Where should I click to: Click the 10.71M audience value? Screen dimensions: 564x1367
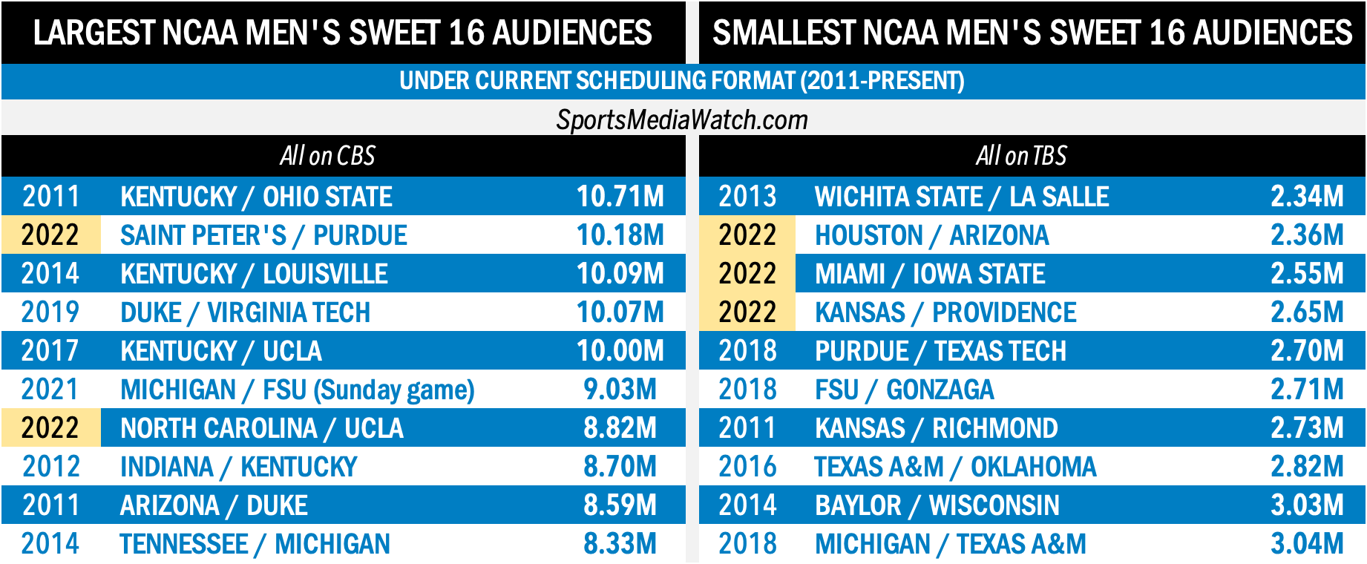pos(620,197)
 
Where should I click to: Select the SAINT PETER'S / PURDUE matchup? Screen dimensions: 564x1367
pos(263,235)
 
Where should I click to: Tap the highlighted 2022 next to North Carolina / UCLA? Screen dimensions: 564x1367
pos(50,428)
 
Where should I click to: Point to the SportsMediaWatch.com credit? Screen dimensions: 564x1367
pos(682,119)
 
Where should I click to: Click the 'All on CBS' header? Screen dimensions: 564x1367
pos(327,156)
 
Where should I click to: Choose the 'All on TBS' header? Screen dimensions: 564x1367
pos(1020,156)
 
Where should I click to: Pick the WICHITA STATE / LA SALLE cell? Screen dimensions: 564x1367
pos(961,197)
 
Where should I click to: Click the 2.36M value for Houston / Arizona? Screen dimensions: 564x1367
pos(1306,235)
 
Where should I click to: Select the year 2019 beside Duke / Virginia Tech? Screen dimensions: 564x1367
pos(50,312)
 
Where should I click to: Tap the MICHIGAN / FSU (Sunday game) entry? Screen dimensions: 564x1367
pos(297,390)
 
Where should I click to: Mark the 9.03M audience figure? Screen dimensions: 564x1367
pos(620,390)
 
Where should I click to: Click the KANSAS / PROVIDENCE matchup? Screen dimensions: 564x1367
pos(945,312)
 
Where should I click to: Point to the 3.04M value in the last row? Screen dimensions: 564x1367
pos(1306,544)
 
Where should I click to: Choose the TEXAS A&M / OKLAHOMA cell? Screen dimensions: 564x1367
pos(954,467)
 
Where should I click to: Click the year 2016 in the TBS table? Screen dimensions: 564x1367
pos(747,467)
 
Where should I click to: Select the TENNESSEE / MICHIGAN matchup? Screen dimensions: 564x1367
pos(255,544)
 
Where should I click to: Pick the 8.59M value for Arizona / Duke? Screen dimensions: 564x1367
pos(620,505)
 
